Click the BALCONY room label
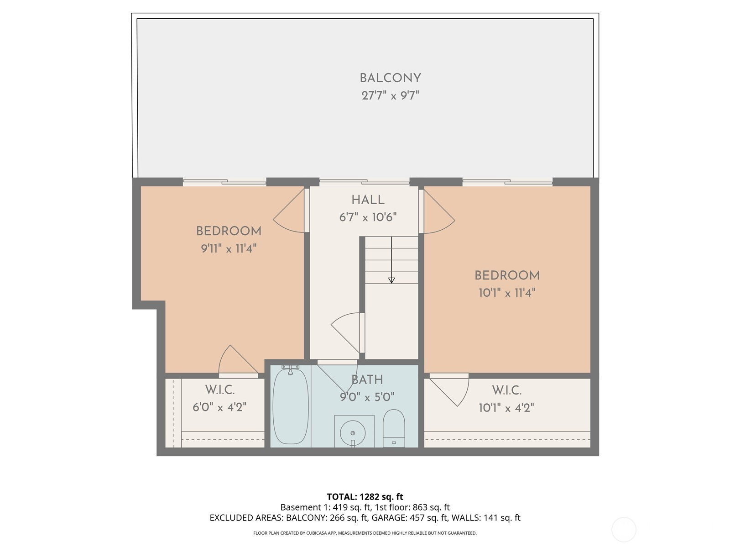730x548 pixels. coord(390,78)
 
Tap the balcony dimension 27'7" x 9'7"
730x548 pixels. coord(390,96)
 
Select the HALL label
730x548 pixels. coord(368,200)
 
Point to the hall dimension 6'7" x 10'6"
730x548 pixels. coord(368,217)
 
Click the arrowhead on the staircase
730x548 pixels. coord(391,280)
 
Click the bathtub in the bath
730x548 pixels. coord(290,405)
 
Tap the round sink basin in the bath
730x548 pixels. coord(353,433)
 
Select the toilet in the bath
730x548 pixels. coord(394,428)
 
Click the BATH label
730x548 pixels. coord(367,379)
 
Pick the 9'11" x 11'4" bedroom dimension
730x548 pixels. coord(229,248)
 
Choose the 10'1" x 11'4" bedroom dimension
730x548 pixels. coord(507,293)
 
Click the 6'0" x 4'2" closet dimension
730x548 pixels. coord(219,407)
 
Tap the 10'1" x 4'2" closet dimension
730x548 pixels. coord(506,408)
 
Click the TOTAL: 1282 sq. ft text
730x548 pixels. coord(365,497)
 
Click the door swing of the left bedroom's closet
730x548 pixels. coord(238,359)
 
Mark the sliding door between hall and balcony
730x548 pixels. coord(365,182)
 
